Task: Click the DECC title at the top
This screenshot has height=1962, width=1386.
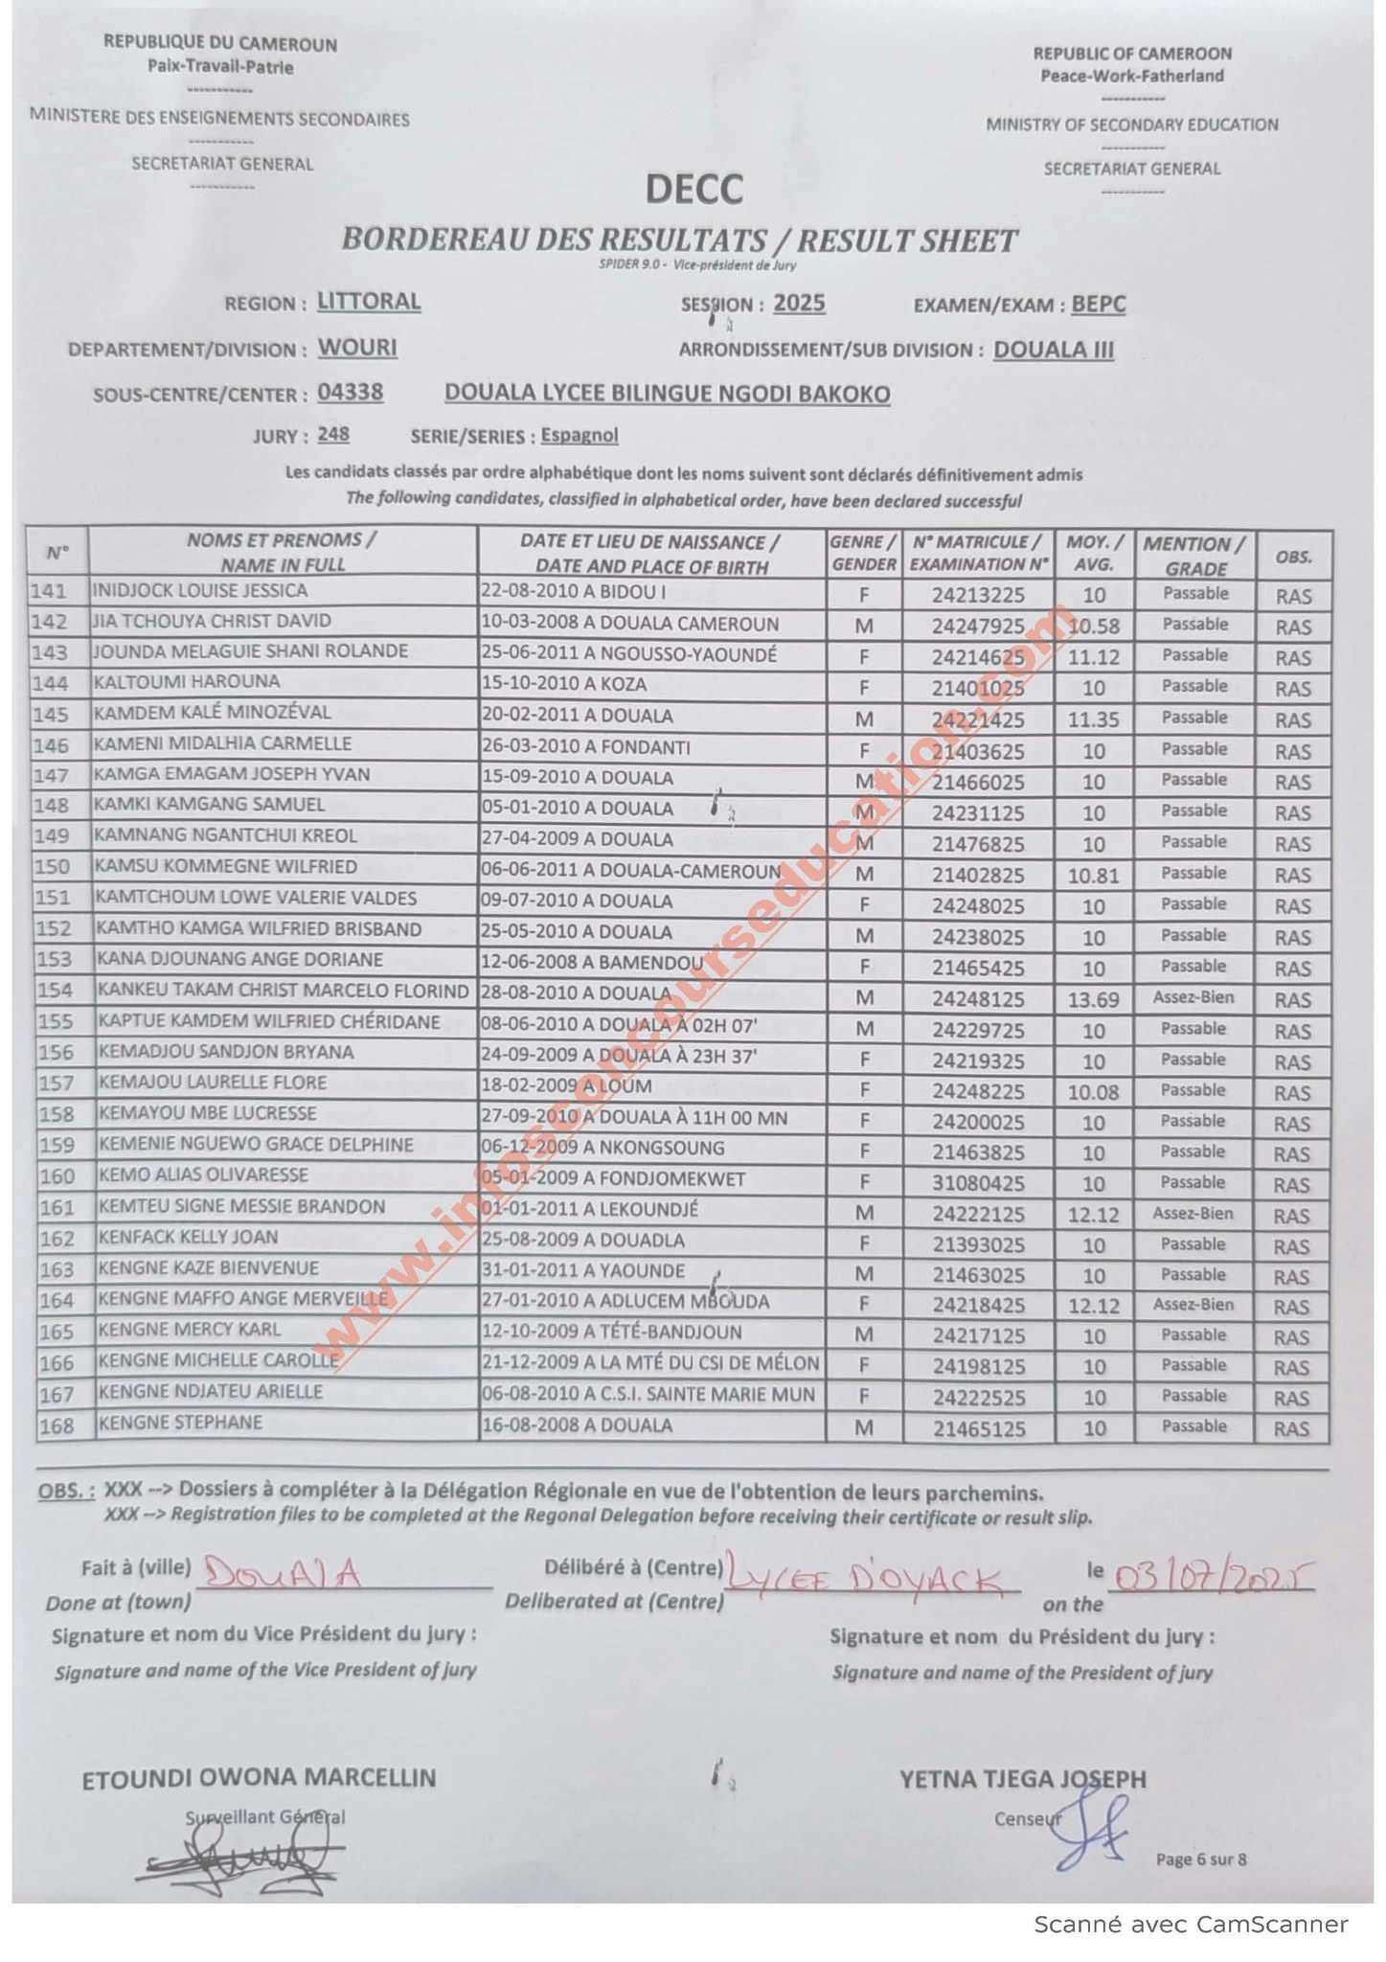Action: pos(693,189)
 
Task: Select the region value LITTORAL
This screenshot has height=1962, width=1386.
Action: pos(369,302)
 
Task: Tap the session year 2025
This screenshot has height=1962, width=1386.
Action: pos(799,304)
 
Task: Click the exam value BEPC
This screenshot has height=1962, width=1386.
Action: pos(1098,305)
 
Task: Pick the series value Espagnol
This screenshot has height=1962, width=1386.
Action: pos(579,436)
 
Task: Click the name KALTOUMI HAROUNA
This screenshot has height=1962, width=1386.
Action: pos(187,682)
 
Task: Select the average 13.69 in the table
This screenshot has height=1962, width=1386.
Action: pos(1093,1000)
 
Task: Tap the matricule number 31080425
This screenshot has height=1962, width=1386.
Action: pos(978,1184)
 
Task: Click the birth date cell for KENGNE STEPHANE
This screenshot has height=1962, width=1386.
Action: pos(577,1426)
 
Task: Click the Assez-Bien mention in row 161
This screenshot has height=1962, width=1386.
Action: pos(1193,1214)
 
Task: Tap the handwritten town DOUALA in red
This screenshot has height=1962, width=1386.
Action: pos(282,1574)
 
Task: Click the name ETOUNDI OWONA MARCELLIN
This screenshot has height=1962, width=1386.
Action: pos(259,1778)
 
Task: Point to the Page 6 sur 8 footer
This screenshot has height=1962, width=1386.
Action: pos(1200,1859)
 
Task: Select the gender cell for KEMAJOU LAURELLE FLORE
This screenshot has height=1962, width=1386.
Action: pos(863,1091)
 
